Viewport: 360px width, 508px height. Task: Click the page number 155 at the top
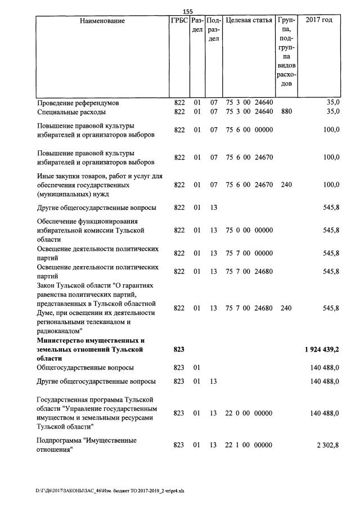point(188,11)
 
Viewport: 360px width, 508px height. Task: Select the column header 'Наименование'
point(102,21)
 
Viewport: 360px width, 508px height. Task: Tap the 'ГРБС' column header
point(179,21)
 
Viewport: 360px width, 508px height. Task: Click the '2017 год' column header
point(318,21)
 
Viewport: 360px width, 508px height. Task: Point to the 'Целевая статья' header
point(249,21)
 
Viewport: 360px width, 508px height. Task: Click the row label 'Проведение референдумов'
point(78,103)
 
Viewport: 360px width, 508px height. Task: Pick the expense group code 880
point(286,111)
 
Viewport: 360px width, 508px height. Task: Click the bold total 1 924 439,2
point(318,349)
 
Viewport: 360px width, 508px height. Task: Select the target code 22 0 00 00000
point(249,413)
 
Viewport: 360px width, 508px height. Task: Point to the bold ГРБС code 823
point(179,349)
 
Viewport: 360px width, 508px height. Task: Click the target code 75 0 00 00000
point(249,230)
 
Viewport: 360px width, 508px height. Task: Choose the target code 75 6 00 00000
point(249,130)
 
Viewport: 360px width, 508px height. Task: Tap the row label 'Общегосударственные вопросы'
point(85,367)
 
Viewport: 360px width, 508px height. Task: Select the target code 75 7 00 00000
point(249,253)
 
